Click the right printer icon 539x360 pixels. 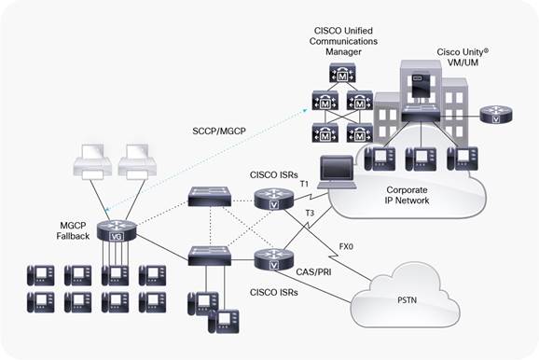[x=137, y=164]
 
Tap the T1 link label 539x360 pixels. [x=302, y=184]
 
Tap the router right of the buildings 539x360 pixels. [x=494, y=115]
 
